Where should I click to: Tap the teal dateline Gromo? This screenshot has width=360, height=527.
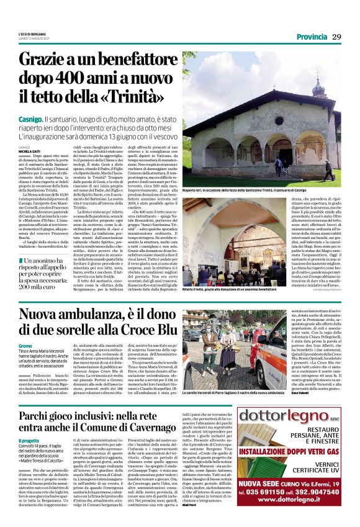point(25,363)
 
